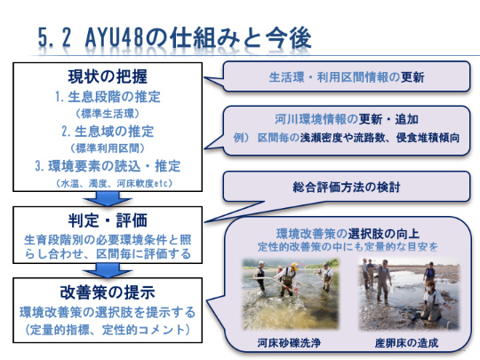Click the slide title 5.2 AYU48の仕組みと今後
tap(174, 38)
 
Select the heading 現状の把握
tap(108, 76)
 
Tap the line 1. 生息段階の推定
tap(108, 97)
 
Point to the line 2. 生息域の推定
tap(108, 132)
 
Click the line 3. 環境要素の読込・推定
tap(108, 166)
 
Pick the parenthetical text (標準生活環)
tap(108, 114)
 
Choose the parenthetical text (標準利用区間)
tap(108, 148)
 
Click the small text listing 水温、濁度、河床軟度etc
tap(114, 183)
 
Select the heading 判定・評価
tap(108, 220)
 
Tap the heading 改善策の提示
tap(108, 292)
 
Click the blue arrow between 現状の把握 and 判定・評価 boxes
tap(108, 199)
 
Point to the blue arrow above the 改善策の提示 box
tap(108, 270)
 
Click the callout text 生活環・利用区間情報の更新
tap(347, 77)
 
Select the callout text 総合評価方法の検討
tap(347, 187)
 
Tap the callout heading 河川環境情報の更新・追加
tap(347, 119)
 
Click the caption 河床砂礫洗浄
tap(289, 342)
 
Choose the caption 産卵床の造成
tap(407, 342)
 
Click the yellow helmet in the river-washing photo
tap(294, 266)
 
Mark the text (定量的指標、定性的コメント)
tap(108, 330)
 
